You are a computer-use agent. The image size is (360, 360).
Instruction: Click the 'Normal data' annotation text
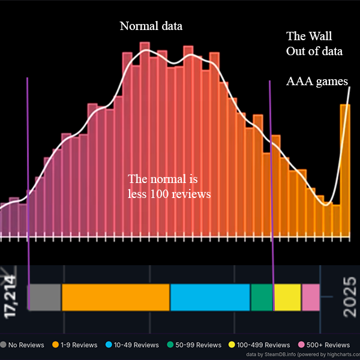pyautogui.click(x=151, y=26)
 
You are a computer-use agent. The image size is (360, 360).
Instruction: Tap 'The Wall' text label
pyautogui.click(x=308, y=36)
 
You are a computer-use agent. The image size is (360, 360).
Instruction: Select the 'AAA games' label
pyautogui.click(x=316, y=82)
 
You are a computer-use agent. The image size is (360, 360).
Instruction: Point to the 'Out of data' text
pyautogui.click(x=314, y=52)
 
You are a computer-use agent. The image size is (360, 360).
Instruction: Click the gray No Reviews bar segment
pyautogui.click(x=45, y=297)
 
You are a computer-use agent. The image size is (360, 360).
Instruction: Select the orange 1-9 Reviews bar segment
pyautogui.click(x=116, y=297)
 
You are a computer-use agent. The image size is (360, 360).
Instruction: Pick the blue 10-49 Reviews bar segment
pyautogui.click(x=210, y=297)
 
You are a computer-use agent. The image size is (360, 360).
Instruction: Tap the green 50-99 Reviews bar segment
pyautogui.click(x=262, y=297)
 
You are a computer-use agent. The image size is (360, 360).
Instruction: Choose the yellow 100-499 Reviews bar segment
pyautogui.click(x=287, y=297)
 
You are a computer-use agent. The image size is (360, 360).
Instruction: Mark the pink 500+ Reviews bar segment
pyautogui.click(x=310, y=297)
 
